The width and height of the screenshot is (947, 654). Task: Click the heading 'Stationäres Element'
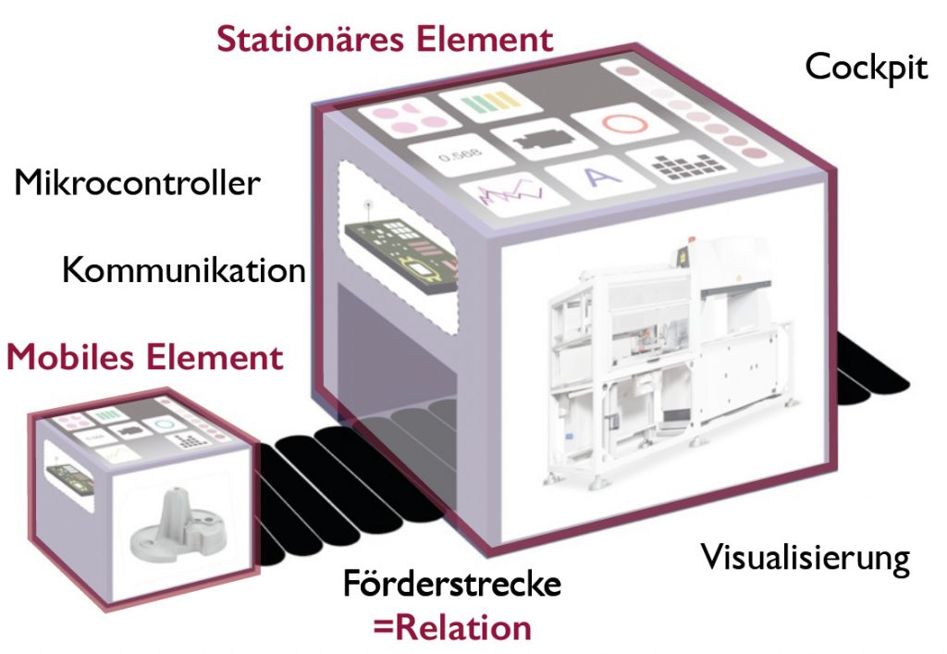(x=385, y=39)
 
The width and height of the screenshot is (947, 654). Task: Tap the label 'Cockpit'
(x=866, y=68)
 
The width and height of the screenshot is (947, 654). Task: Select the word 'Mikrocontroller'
(x=137, y=182)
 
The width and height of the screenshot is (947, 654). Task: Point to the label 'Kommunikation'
(x=184, y=270)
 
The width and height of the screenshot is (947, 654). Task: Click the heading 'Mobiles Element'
(x=145, y=357)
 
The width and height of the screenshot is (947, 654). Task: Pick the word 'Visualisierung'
(x=806, y=558)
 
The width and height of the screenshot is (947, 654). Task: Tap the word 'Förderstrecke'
(x=452, y=584)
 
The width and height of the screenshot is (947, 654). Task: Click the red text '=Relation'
(x=452, y=627)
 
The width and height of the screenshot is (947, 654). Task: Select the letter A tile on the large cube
(x=599, y=178)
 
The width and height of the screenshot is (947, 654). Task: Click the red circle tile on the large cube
(x=624, y=124)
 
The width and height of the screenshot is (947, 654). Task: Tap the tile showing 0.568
(x=461, y=155)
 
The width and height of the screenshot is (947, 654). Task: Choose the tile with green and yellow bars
(x=490, y=102)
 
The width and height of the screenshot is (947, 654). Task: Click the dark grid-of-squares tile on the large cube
(x=686, y=165)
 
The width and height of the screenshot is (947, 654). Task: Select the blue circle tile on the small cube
(x=163, y=424)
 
